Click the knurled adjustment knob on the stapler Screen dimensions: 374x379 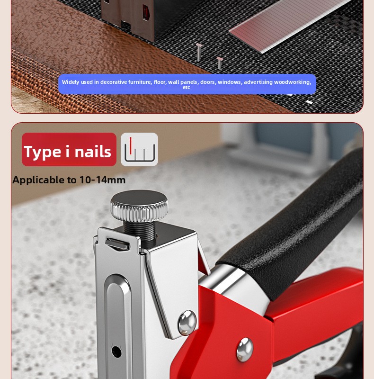tap(139, 206)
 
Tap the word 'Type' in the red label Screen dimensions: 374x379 tap(43, 152)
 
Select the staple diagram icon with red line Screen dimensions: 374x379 tap(139, 149)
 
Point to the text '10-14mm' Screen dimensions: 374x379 tap(102, 180)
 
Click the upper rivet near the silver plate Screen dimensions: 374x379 tap(187, 323)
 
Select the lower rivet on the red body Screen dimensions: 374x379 tap(245, 350)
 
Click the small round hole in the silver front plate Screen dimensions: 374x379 tap(116, 352)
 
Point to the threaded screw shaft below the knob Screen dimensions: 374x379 tap(139, 231)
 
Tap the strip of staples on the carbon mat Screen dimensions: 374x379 tap(290, 26)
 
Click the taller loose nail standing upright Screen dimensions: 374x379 tap(199, 52)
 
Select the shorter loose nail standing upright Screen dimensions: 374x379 tap(220, 63)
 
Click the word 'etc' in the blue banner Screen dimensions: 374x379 tap(186, 88)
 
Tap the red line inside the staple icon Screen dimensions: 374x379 tap(131, 145)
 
